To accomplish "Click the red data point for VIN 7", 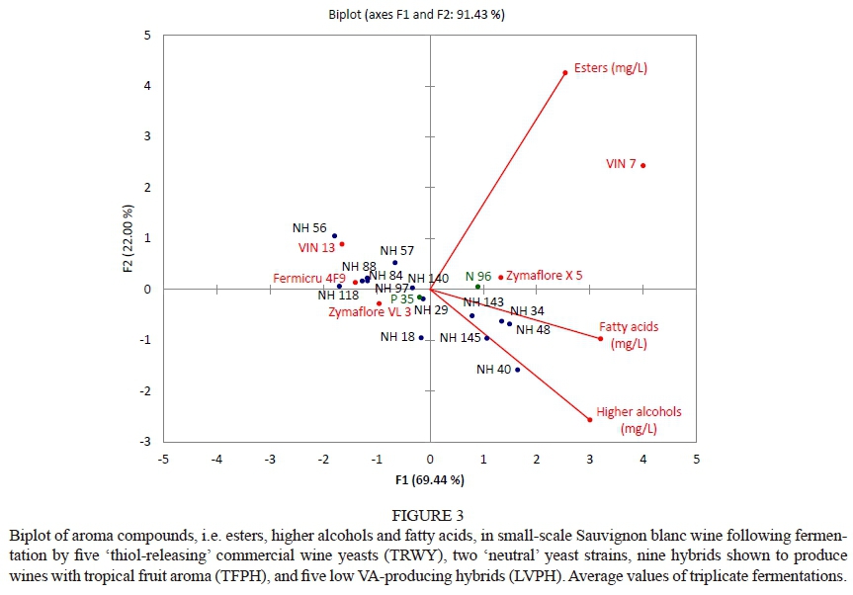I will (643, 165).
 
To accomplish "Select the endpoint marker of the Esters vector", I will (565, 72).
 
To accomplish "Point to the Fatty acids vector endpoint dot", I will (600, 339).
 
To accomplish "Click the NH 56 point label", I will (309, 226).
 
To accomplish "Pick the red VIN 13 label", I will (316, 247).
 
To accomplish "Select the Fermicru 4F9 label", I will (309, 280).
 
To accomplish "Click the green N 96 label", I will (478, 277).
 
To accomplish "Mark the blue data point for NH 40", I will (517, 370).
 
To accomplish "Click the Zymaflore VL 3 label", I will (370, 312).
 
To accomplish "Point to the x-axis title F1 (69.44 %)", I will (429, 480).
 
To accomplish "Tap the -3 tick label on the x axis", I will (269, 460).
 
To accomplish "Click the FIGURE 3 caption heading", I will (428, 514).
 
